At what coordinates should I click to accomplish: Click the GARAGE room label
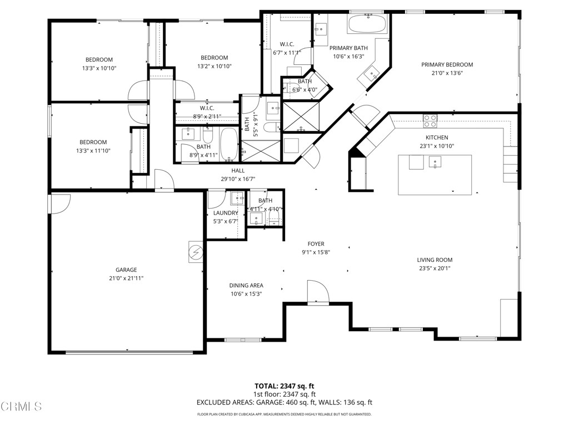(126, 270)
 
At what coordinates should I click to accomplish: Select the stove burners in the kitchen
(430, 120)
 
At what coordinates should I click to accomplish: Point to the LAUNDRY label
(226, 213)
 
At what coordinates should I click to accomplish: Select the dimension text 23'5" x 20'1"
(435, 268)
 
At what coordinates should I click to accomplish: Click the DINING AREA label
(246, 286)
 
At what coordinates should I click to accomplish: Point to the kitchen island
(435, 175)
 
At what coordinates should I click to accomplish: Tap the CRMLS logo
(21, 407)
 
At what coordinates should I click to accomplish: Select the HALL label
(238, 171)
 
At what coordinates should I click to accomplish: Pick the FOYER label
(316, 244)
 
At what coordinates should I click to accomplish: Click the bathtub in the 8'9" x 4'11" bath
(229, 144)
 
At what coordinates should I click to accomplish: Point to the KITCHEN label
(437, 138)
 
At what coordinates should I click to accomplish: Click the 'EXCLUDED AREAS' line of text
(284, 403)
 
